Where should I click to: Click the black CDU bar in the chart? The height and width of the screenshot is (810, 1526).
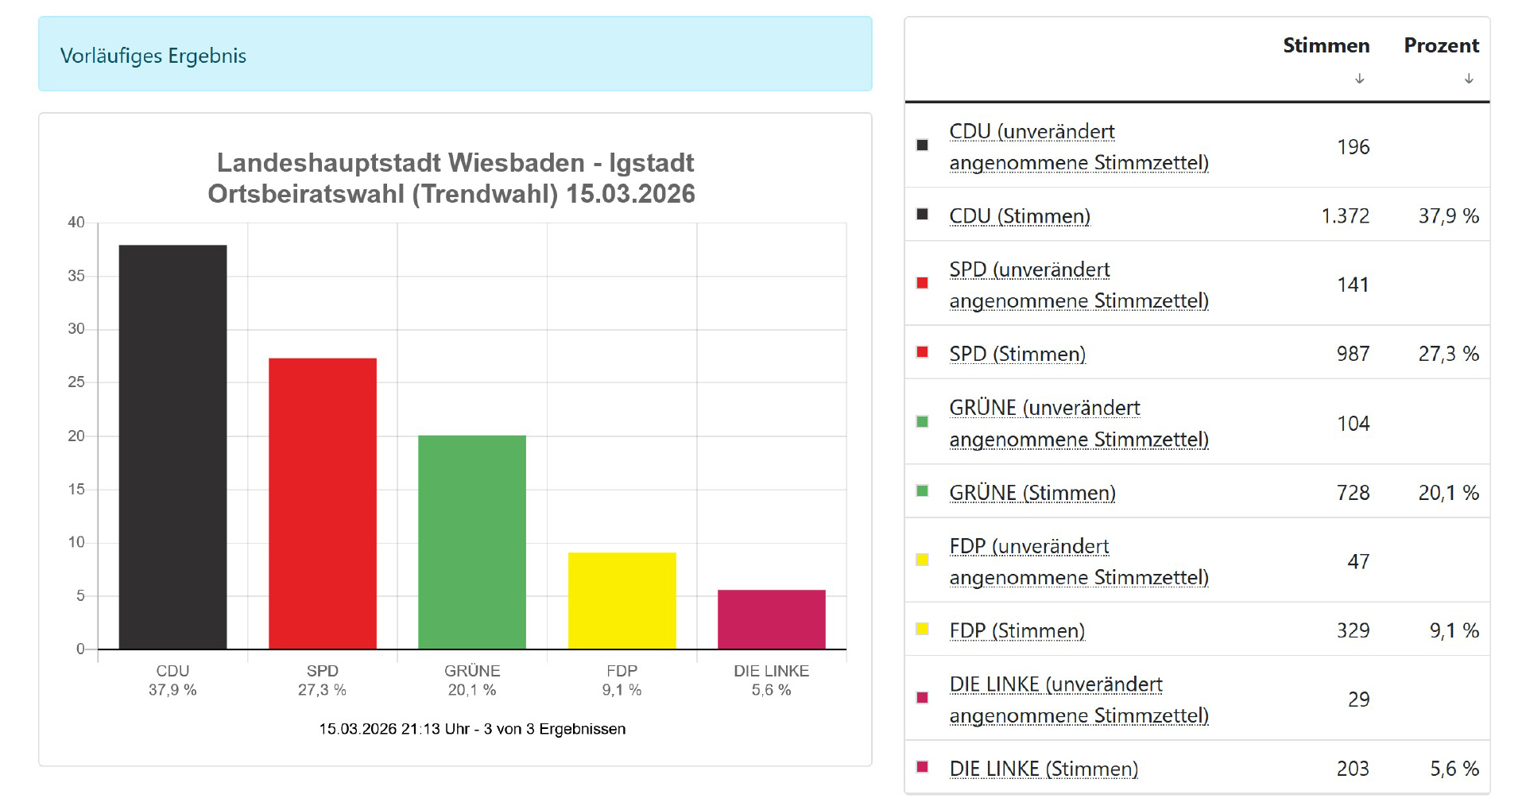pos(172,447)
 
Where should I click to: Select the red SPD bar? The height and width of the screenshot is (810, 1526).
pos(322,503)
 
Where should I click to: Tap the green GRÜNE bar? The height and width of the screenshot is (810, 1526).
pos(471,542)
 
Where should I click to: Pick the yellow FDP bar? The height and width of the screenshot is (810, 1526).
pos(622,600)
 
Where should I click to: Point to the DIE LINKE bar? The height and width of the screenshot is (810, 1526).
pos(771,619)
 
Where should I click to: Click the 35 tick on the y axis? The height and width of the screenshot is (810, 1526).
pos(76,276)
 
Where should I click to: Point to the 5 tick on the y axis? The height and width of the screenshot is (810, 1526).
pos(80,595)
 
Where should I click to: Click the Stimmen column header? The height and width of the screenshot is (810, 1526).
pos(1326,45)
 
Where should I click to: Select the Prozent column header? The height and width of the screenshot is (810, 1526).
pos(1441,45)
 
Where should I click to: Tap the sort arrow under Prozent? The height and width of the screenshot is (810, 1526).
pos(1469,79)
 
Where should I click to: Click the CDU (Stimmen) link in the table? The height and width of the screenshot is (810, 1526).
pos(1020,216)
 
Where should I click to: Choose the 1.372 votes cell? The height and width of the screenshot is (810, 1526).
pos(1345,216)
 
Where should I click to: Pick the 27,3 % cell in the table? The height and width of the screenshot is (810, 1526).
pos(1448,354)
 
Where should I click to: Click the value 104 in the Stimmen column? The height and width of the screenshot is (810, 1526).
pos(1353,424)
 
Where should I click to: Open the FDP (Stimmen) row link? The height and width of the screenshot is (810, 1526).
pos(1017,630)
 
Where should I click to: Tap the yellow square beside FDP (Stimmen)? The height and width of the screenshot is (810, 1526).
pos(922,629)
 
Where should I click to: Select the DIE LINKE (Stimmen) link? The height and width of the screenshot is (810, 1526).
pos(1044,769)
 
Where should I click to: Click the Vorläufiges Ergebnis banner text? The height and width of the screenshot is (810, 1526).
pos(153,56)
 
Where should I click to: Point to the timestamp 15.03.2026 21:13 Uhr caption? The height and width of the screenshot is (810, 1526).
pos(472,729)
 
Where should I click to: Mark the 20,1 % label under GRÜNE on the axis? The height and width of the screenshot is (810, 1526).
pos(471,690)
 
